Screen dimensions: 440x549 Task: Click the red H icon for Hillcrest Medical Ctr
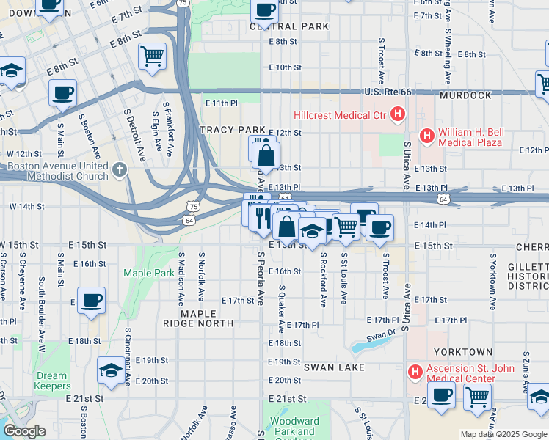tap(398, 114)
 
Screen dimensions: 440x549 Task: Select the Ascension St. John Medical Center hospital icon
tap(415, 372)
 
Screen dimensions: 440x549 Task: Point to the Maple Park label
tap(148, 273)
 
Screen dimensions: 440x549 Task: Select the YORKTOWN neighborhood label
tap(462, 352)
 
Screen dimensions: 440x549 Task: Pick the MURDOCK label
tap(465, 96)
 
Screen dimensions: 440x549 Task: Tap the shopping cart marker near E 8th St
tap(152, 56)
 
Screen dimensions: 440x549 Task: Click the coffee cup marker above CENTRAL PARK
tap(264, 10)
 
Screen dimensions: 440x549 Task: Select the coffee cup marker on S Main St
tap(63, 93)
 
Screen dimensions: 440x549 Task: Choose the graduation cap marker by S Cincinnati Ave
tap(111, 370)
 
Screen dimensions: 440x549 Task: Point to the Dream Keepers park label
tap(51, 381)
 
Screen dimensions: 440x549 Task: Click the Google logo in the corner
tap(24, 431)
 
